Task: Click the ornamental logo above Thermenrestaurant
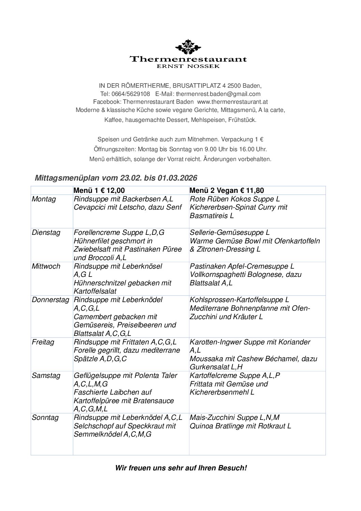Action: tap(188, 47)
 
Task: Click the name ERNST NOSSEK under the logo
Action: tap(188, 67)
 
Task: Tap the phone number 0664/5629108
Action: tap(130, 94)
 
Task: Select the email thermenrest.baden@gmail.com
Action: tap(218, 94)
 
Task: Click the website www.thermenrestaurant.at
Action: tap(232, 102)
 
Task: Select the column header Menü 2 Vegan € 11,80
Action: tap(227, 191)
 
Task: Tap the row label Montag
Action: tap(44, 199)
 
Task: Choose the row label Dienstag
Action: tap(46, 233)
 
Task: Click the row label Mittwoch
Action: tap(46, 266)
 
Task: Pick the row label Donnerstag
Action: tap(50, 300)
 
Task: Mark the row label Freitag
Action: tap(43, 342)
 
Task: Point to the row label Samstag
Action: tap(46, 376)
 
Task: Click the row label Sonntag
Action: tap(45, 418)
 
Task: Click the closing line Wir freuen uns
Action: tap(181, 468)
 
